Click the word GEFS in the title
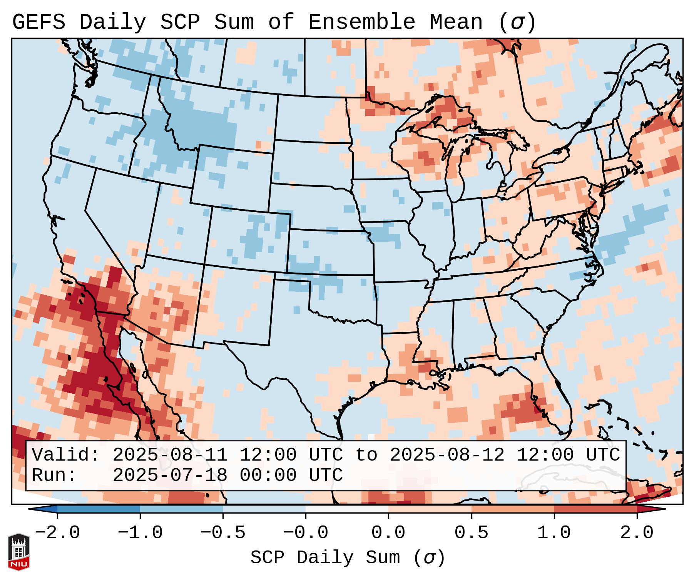tap(38, 22)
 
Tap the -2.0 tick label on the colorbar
tap(57, 533)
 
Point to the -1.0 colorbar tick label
tap(140, 533)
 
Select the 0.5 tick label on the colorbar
tap(471, 533)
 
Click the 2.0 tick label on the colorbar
tap(637, 533)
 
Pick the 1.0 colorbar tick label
tap(554, 533)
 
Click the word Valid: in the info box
tap(66, 455)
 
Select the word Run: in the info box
tap(54, 476)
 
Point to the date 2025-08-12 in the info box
tap(447, 455)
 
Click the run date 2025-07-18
tap(170, 476)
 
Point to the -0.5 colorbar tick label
tap(223, 533)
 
